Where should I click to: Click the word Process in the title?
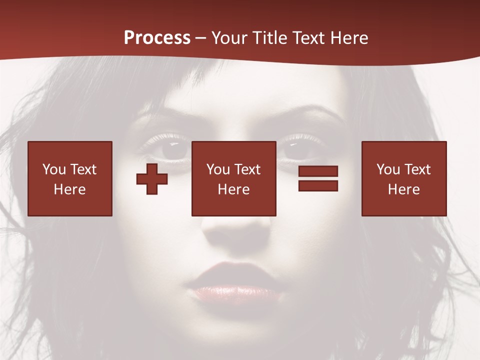tap(157, 38)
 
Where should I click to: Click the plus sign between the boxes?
tap(152, 179)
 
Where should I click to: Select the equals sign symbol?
tap(318, 178)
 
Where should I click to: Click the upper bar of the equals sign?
tap(318, 171)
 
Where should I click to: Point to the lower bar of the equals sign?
tap(318, 185)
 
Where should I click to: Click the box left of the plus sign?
tap(70, 178)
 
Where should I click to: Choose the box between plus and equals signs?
tap(233, 178)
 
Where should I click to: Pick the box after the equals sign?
tap(404, 178)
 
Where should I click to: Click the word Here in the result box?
tap(404, 189)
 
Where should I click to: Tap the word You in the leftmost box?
tap(53, 169)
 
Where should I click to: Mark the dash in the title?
tap(201, 38)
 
